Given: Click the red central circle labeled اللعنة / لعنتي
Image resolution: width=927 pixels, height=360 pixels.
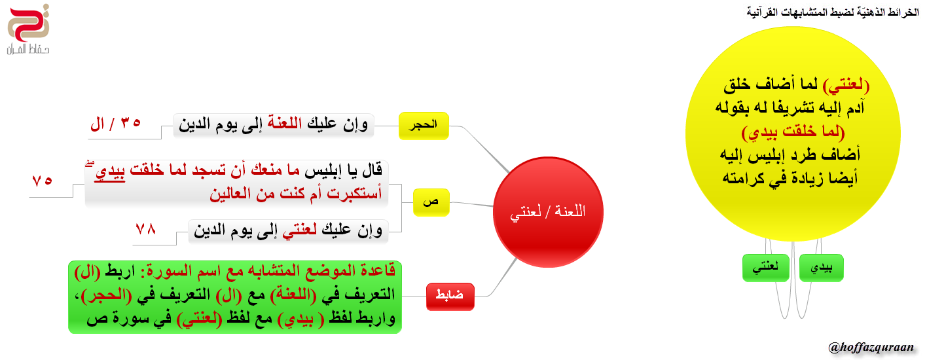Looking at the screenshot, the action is point(548,212).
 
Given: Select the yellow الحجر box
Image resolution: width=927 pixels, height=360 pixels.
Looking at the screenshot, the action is point(424,126).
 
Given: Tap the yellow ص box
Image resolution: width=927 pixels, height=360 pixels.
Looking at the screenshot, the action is point(431,202).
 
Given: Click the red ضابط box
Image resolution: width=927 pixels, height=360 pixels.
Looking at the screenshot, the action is point(450,297).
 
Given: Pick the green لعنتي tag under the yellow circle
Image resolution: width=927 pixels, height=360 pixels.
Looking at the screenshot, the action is point(766,268).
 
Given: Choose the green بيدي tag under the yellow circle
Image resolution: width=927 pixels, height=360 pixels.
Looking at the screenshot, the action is point(822,268).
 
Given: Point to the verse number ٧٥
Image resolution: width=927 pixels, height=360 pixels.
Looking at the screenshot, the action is point(42,181).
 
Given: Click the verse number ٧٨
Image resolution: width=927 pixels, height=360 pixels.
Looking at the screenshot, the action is point(146,229).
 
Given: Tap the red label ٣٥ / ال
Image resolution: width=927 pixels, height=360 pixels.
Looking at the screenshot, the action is point(115,124).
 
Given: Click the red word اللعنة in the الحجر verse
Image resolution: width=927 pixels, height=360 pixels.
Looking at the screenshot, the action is point(285,123).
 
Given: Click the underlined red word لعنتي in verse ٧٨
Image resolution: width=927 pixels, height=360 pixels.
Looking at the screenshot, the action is point(300,230).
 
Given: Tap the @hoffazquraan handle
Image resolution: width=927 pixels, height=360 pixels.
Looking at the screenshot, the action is point(871,347).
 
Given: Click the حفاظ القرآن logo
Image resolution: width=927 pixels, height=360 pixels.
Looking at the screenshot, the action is point(28,30).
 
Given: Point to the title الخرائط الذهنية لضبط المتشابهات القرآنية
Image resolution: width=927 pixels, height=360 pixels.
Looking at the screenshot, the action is point(833,12).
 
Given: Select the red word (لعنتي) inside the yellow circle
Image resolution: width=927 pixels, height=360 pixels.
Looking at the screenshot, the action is point(846,85).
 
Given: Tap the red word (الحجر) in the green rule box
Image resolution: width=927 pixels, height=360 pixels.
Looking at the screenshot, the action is point(106,295).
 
